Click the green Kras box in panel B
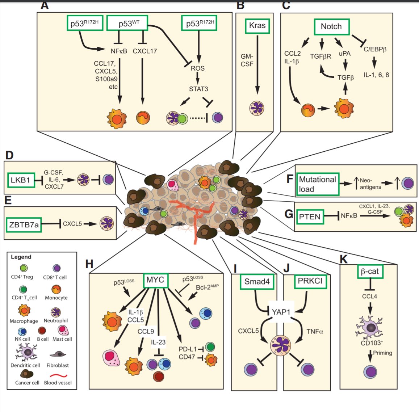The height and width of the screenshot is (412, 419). pos(257,26)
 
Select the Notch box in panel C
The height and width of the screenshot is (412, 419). pos(331,26)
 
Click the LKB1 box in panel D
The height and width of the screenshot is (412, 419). pos(21,180)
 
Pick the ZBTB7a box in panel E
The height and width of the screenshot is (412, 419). pos(23,224)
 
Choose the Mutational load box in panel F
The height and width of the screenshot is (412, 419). pos(317,184)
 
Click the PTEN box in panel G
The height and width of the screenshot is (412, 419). pos(310,216)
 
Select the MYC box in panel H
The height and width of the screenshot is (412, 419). pos(155,280)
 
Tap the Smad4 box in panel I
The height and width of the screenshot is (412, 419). pos(257,282)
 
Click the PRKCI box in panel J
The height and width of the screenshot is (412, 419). pos(310,281)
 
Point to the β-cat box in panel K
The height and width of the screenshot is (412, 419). pos(369,271)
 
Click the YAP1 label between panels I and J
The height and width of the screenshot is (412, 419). pos(281,311)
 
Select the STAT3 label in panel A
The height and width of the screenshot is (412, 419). pos(198,89)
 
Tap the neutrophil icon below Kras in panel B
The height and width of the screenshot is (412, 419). pos(257,109)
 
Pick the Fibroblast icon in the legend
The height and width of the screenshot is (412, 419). pos(58,354)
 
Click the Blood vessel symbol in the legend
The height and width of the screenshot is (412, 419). pos(58,375)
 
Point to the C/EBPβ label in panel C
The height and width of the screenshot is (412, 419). pos(375,49)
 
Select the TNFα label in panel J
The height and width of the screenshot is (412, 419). pos(314,331)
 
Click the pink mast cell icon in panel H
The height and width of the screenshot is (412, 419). pos(112,358)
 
